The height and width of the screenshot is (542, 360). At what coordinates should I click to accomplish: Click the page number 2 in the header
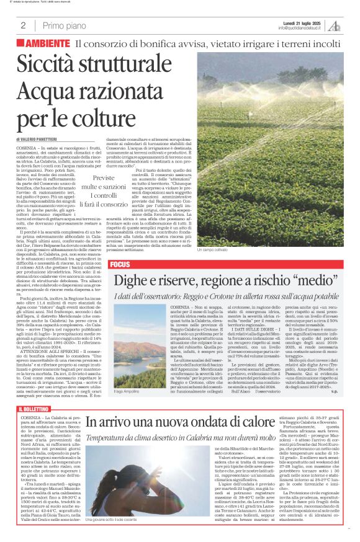tap(23, 25)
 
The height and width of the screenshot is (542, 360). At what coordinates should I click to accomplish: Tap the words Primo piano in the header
tap(65, 25)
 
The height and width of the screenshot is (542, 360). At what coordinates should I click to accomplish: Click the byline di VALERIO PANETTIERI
tap(47, 140)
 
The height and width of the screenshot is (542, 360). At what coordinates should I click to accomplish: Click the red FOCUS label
tap(120, 265)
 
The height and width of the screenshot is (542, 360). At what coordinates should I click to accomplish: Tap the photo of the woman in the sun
tap(124, 484)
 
